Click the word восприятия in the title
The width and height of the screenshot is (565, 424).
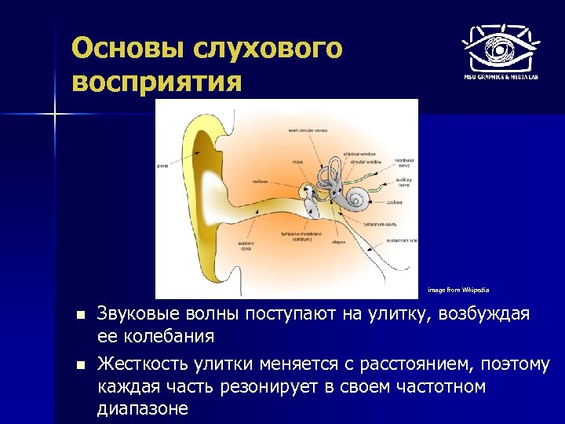[157, 81]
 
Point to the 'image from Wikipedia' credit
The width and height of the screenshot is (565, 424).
[458, 290]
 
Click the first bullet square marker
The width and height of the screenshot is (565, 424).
[79, 316]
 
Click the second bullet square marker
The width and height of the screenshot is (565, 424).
[79, 364]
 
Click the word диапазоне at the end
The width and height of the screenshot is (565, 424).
[143, 408]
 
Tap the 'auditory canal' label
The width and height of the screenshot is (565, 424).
[246, 247]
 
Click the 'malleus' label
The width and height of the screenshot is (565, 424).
[260, 181]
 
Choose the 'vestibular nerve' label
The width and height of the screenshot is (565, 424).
[405, 163]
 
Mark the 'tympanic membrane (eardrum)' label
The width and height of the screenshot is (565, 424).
[297, 236]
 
